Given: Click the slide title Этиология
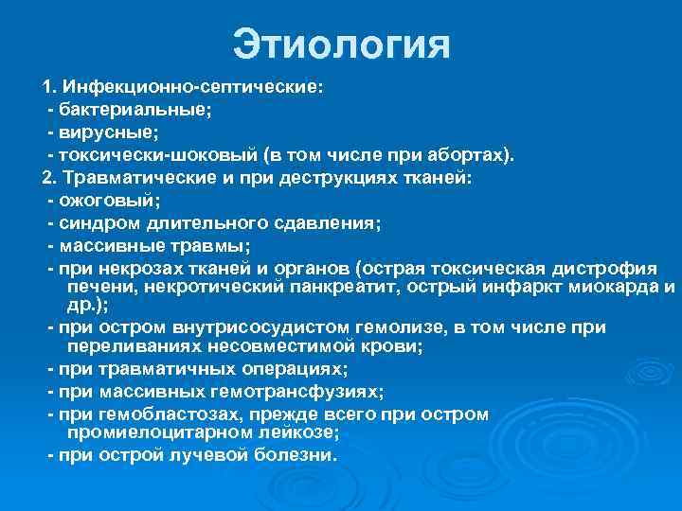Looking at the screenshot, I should [x=341, y=45].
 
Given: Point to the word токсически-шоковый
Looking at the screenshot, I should [x=160, y=155].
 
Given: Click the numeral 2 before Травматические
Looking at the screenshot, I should [x=45, y=178].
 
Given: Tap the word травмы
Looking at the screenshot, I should [x=218, y=246].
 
